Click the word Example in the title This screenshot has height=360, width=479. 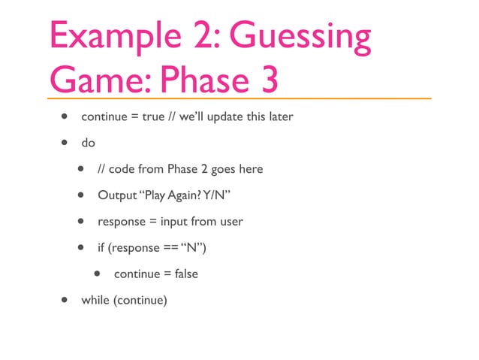tap(111, 38)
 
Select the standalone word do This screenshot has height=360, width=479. tap(89, 143)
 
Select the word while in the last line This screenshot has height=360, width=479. tap(95, 300)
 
